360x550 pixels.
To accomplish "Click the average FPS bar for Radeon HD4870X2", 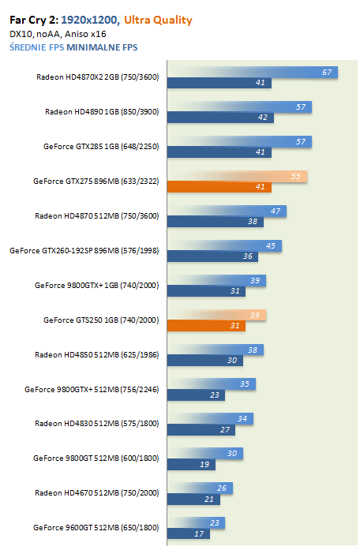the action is [253, 73].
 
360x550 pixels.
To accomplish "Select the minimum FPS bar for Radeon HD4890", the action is [220, 118].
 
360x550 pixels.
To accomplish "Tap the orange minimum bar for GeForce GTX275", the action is [219, 187].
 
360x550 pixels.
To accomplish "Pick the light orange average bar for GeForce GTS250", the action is [216, 315].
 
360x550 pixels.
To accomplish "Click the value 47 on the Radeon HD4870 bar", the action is [276, 211].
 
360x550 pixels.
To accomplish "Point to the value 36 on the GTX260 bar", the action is [248, 256].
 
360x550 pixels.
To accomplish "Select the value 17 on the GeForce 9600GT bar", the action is [199, 534].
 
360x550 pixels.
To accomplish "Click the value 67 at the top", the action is [327, 73].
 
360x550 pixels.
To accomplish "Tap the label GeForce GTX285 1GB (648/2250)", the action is [101, 146].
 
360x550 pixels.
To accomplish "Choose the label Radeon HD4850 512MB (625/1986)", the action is [97, 354].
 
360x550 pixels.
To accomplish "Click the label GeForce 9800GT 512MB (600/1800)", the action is [96, 458].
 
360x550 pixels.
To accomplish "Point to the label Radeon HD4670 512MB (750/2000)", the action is [97, 493].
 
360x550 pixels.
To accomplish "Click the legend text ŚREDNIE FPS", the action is [37, 47].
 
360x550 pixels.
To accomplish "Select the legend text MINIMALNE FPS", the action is [102, 47].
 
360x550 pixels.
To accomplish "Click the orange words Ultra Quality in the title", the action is [158, 21].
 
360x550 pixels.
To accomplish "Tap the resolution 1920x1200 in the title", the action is [90, 20].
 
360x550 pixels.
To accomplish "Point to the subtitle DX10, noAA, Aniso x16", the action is [58, 34].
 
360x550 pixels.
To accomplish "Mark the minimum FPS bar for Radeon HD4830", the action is [201, 430].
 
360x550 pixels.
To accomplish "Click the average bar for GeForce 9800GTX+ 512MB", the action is [212, 384].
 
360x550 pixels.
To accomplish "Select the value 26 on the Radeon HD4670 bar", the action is [222, 488].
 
